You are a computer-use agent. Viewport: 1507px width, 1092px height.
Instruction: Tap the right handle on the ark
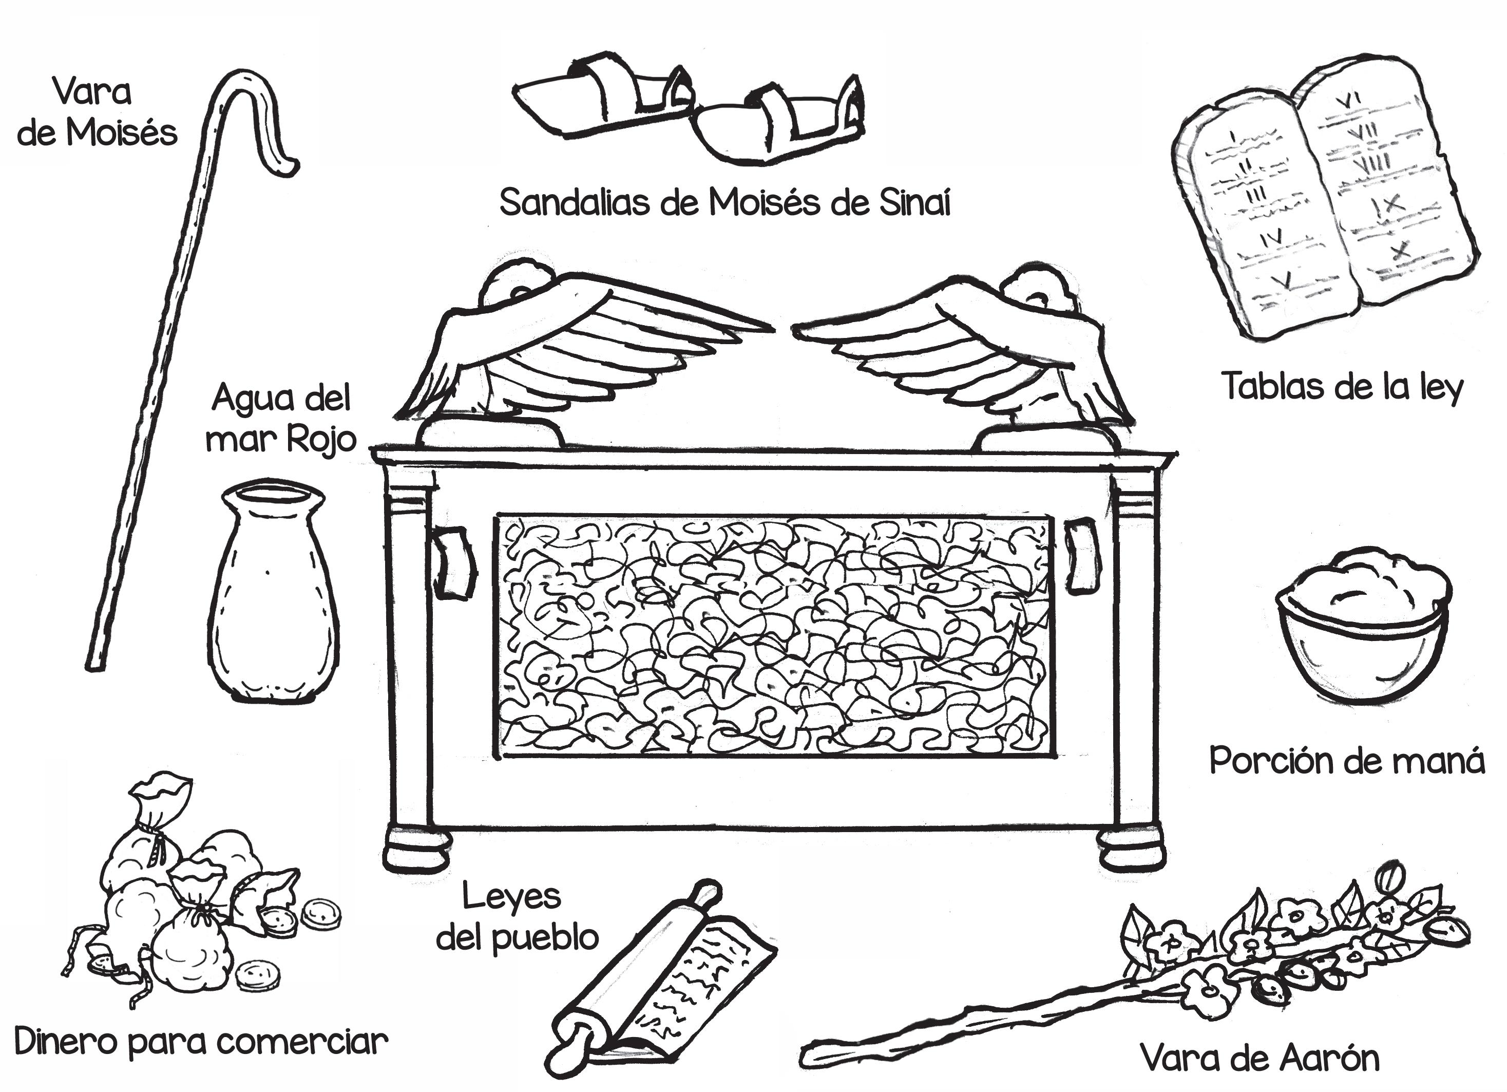coord(1081,555)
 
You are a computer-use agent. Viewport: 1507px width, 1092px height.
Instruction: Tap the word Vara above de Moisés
coord(92,92)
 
